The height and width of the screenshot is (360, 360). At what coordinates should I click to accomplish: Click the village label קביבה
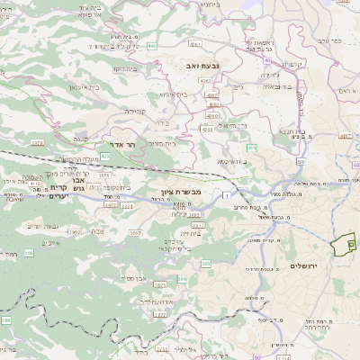coord(135,111)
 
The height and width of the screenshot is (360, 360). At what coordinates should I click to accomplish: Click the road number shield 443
coord(153,45)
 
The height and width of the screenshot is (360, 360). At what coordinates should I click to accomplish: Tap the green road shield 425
coord(105,157)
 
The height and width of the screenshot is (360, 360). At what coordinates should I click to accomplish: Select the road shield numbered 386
coord(182,280)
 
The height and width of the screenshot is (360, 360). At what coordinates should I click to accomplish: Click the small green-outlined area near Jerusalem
coord(343,246)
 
